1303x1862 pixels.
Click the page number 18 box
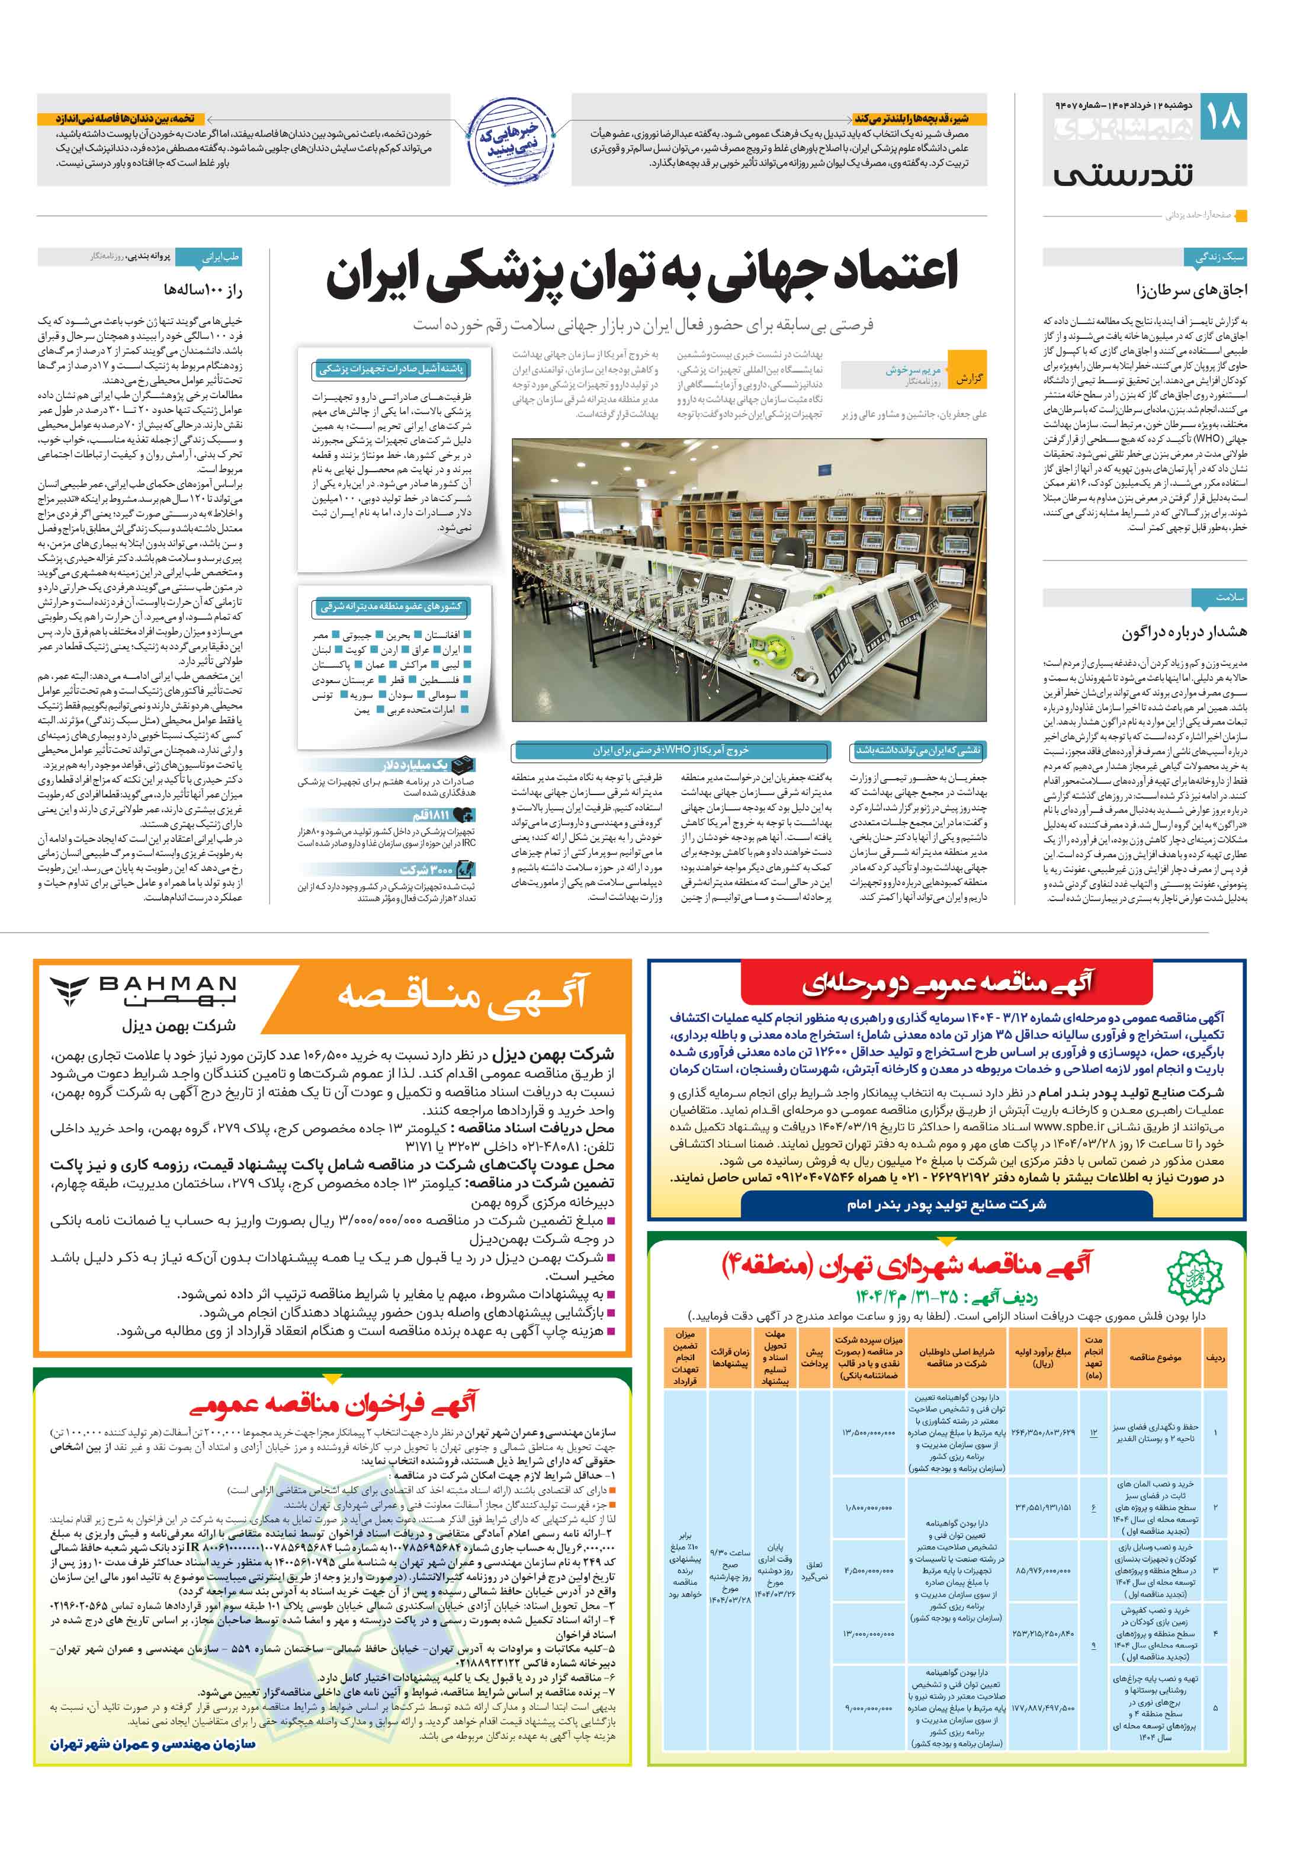point(1224,117)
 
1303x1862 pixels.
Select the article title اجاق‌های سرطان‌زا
point(1191,290)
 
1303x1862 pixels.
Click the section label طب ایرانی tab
point(220,257)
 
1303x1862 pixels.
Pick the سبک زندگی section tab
point(1219,257)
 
